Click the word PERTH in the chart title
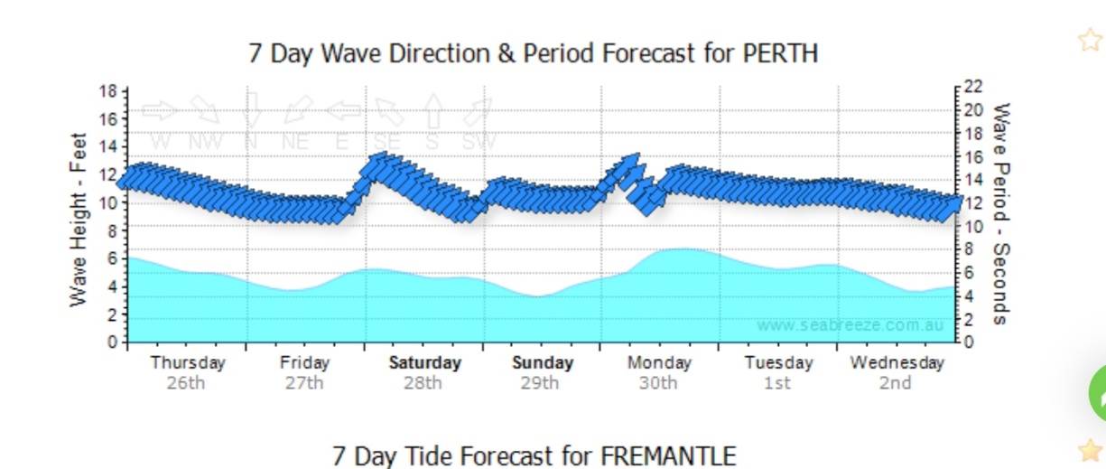[780, 52]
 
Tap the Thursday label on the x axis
[187, 363]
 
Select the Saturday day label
[424, 363]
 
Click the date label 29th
[540, 383]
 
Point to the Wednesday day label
[897, 363]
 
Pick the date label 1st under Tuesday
[776, 383]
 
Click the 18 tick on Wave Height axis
[108, 91]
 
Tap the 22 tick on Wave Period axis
[972, 87]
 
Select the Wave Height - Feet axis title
[79, 219]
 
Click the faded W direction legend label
[161, 142]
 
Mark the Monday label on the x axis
[659, 363]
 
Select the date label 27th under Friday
[304, 383]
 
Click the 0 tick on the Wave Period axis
[968, 342]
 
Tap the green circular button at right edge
[1097, 394]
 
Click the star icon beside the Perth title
[1090, 41]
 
